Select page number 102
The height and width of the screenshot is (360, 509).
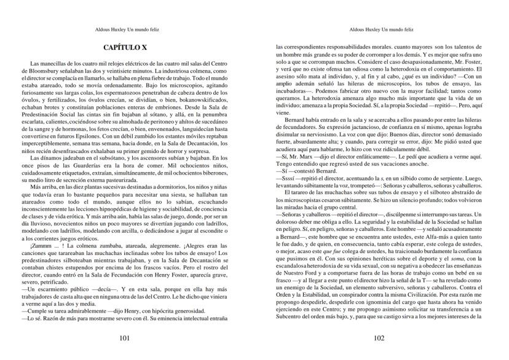click(x=379, y=338)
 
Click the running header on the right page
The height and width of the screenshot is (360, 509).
click(x=379, y=28)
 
